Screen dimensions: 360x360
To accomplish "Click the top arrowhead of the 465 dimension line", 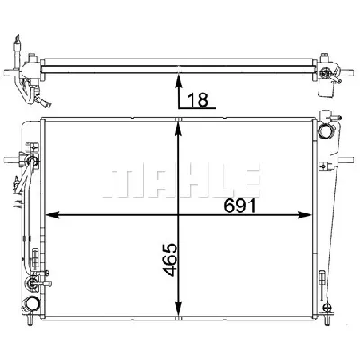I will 182,124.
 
